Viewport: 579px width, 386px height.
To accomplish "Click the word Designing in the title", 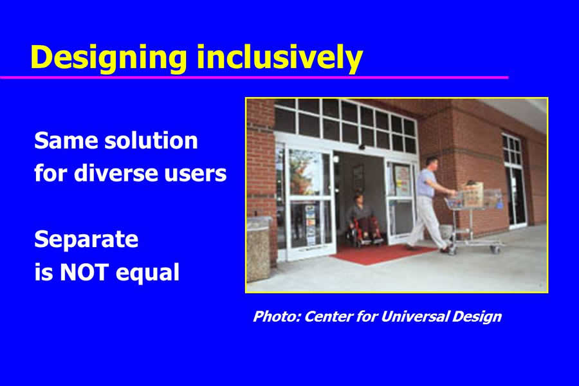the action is point(109,58).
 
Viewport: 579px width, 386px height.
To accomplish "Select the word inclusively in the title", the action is point(280,58).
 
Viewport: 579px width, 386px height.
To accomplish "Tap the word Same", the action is point(65,141).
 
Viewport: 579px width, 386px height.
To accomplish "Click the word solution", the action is point(151,141).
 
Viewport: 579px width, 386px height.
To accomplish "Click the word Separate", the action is point(86,239).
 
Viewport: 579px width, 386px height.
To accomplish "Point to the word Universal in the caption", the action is point(415,317).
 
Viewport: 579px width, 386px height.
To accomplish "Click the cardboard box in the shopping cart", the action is point(472,194).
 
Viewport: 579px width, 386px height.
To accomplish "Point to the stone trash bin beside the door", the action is point(258,250).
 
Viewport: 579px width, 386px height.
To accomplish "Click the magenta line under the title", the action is point(254,77).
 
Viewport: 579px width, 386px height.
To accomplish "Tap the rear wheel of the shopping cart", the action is point(452,251).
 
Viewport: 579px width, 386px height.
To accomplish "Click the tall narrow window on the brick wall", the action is point(514,180).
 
